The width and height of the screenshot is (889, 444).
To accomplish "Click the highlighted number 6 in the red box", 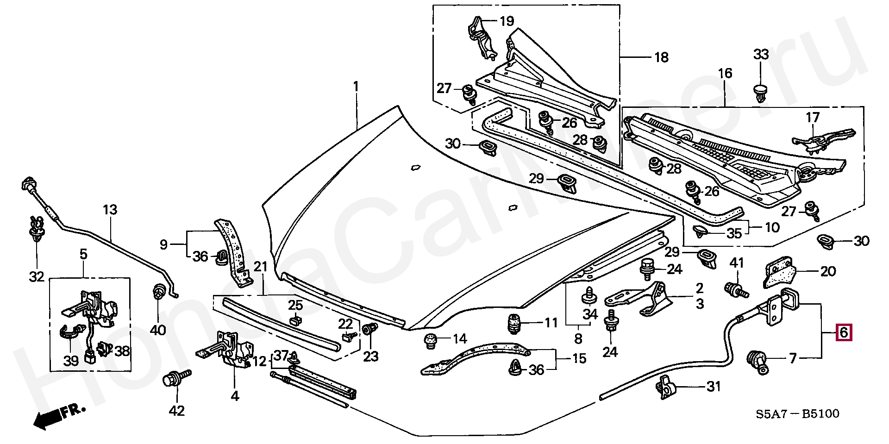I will pos(843,332).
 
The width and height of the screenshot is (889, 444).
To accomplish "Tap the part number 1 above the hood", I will pos(356,87).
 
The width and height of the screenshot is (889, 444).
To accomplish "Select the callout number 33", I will pos(761,55).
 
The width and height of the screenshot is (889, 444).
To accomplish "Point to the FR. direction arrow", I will pos(58,416).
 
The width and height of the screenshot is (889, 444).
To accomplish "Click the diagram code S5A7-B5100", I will pos(797,413).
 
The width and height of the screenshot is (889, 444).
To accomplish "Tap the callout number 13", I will pos(110,210).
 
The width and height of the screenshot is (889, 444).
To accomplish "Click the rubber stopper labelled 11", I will pos(513,324).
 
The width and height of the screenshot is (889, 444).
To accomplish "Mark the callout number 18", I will pos(661,57).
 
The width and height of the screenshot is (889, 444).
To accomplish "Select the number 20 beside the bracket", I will pos(828,271).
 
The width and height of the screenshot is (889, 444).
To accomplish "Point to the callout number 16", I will pos(725,73).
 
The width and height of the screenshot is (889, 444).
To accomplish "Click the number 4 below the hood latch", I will pos(235,396).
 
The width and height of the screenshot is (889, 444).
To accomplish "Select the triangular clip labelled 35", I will pos(700,231).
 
